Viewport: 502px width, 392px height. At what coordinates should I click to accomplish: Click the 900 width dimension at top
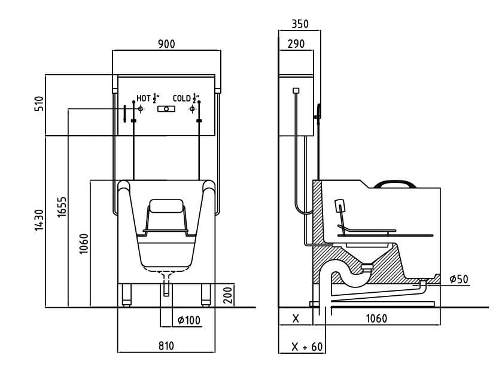(166, 45)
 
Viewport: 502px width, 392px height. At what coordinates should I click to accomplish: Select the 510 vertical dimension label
(39, 106)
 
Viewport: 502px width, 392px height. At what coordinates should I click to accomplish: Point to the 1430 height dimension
(39, 220)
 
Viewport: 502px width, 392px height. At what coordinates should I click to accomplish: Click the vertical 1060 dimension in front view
(84, 243)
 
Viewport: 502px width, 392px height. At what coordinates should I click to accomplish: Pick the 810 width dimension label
(166, 346)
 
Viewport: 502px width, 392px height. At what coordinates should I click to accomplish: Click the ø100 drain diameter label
(188, 321)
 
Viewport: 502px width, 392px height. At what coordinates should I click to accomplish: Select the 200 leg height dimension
(227, 295)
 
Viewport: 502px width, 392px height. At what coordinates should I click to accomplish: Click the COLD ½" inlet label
(186, 99)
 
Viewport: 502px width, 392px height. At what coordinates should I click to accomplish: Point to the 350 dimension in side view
(300, 24)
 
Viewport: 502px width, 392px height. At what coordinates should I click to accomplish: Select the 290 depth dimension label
(296, 45)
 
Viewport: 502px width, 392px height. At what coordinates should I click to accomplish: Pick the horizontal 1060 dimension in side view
(376, 318)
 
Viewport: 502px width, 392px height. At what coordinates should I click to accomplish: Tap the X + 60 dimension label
(306, 347)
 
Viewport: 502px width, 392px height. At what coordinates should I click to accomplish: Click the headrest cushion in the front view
(166, 207)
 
